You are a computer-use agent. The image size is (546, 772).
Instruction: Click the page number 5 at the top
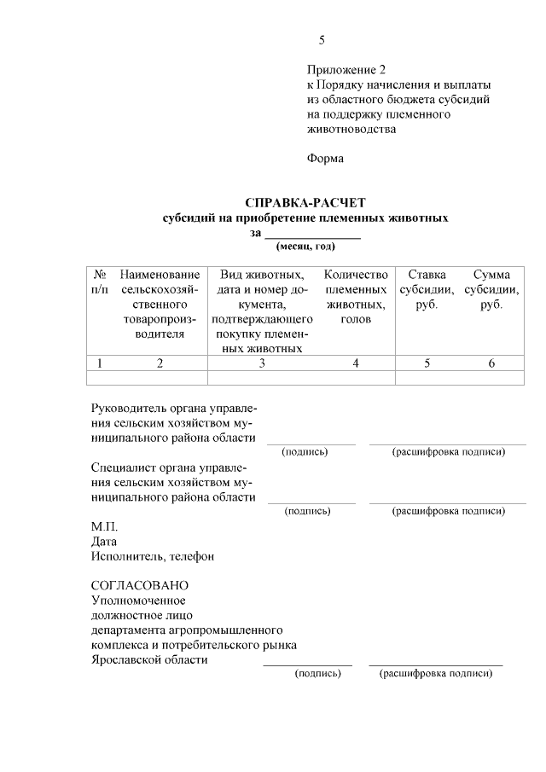pos(322,40)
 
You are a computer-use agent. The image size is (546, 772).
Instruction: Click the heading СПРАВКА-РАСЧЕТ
pos(305,203)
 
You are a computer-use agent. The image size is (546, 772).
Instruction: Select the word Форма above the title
pos(324,159)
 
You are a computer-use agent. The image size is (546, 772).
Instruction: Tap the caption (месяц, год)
pos(305,247)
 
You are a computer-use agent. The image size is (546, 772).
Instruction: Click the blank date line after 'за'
pos(311,233)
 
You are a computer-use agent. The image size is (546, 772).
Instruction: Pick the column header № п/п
pos(100,282)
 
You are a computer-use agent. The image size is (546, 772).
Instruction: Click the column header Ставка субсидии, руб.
pos(427,290)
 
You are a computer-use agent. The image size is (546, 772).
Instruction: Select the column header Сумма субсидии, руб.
pos(491,290)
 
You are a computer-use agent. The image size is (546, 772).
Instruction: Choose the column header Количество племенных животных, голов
pos(356,297)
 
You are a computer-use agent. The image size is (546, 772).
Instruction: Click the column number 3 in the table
pos(262,363)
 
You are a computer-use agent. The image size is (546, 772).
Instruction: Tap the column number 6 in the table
pos(491,363)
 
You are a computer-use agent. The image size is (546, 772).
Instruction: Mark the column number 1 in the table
pos(100,363)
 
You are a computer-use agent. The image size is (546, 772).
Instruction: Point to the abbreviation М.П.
pos(105,526)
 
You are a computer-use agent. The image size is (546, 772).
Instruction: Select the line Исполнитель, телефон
pos(153,557)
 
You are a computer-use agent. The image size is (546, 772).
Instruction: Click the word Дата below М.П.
pos(104,542)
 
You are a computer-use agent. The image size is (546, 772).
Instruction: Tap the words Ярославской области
pos(149,659)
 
